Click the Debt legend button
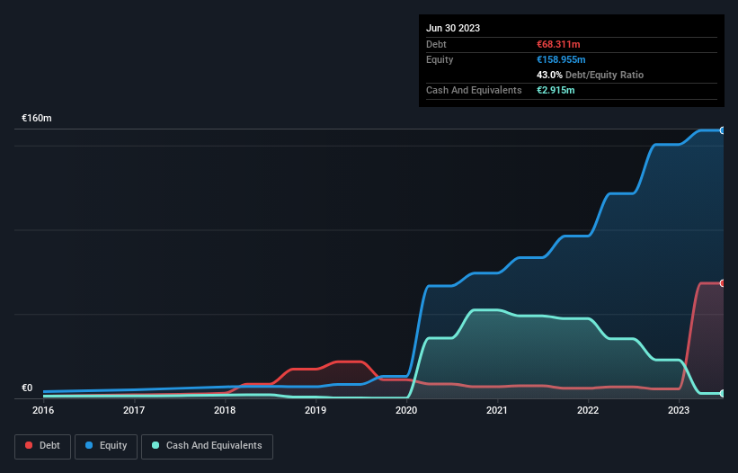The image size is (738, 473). point(43,446)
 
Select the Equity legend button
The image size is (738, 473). point(106,446)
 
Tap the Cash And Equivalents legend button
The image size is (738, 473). point(207,446)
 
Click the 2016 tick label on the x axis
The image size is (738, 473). point(43,411)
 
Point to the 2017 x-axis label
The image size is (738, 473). point(134,411)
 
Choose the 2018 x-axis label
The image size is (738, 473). point(225,411)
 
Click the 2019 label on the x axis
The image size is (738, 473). point(316,411)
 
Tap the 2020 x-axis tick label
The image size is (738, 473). point(406,411)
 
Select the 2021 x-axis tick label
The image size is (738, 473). point(497,411)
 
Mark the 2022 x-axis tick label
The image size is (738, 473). point(588,411)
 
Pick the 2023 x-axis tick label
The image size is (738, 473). point(679,411)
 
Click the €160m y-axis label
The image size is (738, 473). point(37,119)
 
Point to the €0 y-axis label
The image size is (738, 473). point(27,388)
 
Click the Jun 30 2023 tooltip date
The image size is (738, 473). point(453,28)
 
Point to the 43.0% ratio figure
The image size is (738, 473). point(550,75)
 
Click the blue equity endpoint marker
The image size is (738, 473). point(722,130)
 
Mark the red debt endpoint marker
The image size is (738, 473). point(722,283)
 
